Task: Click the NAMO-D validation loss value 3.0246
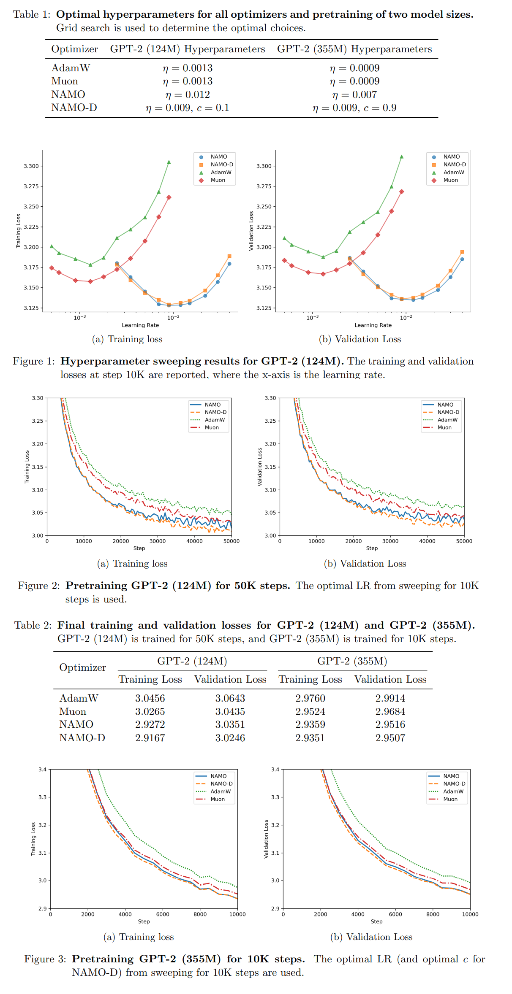pos(230,738)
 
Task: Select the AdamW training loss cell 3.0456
pos(150,698)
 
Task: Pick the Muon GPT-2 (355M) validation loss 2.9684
pos(390,711)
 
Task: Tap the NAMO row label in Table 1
pos(68,95)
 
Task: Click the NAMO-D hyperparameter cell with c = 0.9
pos(354,108)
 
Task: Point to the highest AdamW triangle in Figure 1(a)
pos(169,162)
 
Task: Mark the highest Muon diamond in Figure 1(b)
pos(402,192)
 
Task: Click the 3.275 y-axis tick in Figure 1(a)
pos(31,186)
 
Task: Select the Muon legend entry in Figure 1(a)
pos(218,180)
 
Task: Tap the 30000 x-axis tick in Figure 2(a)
pos(158,541)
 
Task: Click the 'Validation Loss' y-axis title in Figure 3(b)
pos(266,839)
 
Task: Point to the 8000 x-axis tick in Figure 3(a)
pos(200,914)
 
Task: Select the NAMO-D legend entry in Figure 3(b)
pos(454,783)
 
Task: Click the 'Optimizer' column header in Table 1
pos(75,49)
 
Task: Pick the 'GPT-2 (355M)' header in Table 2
pos(352,661)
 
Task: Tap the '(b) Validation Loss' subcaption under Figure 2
pos(365,564)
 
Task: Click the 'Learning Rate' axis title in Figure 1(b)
pos(373,325)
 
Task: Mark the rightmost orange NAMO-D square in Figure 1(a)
pos(229,256)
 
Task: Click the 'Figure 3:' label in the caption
pos(45,959)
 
